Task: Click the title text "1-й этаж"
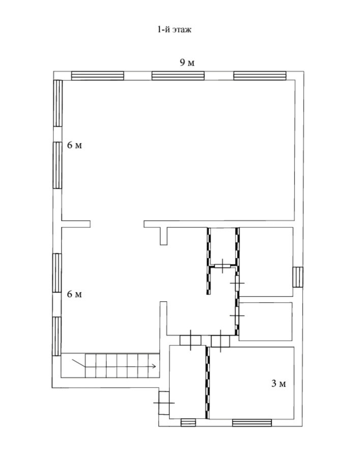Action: (173, 30)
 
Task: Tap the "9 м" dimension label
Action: (187, 63)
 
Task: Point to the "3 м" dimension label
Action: (279, 384)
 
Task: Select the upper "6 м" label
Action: (74, 145)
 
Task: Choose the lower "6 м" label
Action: (74, 294)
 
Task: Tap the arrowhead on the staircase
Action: (153, 366)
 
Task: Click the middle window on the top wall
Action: (178, 76)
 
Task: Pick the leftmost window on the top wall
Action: (97, 76)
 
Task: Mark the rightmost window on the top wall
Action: (259, 76)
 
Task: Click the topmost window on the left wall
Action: (58, 103)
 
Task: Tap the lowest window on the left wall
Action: (57, 336)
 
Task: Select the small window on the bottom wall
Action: (188, 422)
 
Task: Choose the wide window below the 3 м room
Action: (252, 422)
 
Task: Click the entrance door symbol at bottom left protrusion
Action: (164, 403)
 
